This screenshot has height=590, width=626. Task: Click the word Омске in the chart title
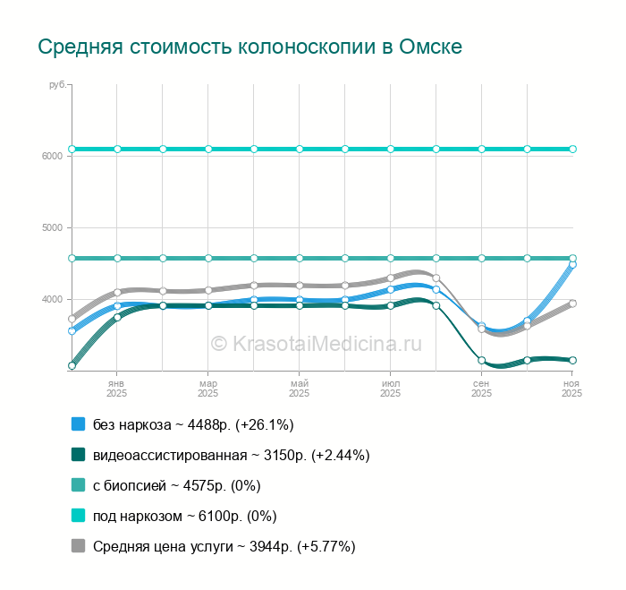pyautogui.click(x=433, y=47)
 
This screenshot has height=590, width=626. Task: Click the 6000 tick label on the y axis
pyautogui.click(x=52, y=156)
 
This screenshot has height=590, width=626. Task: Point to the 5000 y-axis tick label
pyautogui.click(x=52, y=227)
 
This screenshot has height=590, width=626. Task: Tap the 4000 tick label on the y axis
pyautogui.click(x=52, y=299)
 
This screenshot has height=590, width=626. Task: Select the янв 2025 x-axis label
pyautogui.click(x=116, y=388)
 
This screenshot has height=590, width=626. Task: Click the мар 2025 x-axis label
pyautogui.click(x=207, y=388)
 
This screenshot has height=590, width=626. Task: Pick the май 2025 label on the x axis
pyautogui.click(x=299, y=388)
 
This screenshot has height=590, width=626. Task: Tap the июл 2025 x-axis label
pyautogui.click(x=390, y=388)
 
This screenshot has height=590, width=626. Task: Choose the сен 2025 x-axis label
pyautogui.click(x=481, y=388)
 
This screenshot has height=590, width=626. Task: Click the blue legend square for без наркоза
pyautogui.click(x=78, y=424)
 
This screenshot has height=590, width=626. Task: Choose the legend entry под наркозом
pyautogui.click(x=184, y=516)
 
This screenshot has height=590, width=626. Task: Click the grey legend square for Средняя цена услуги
pyautogui.click(x=78, y=546)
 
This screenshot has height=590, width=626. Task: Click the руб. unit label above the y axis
pyautogui.click(x=58, y=84)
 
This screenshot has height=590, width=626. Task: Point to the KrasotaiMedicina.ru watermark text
pyautogui.click(x=316, y=343)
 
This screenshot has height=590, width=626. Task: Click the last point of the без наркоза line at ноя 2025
pyautogui.click(x=572, y=264)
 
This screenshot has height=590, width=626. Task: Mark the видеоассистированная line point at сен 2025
pyautogui.click(x=481, y=361)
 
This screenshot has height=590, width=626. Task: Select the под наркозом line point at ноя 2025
pyautogui.click(x=572, y=149)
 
